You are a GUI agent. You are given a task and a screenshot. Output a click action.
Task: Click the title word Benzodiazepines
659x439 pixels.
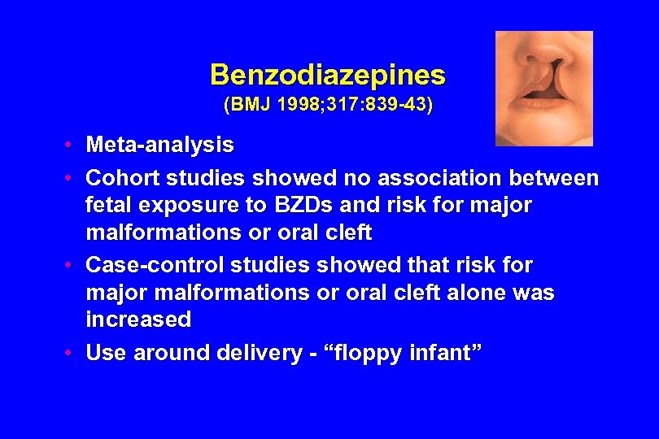pyautogui.click(x=328, y=76)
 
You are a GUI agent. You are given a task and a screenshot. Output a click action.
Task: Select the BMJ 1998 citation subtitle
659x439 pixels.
pyautogui.click(x=328, y=105)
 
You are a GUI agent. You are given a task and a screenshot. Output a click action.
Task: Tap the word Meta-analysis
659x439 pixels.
pyautogui.click(x=160, y=146)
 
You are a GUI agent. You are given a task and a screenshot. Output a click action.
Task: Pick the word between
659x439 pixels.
pyautogui.click(x=557, y=177)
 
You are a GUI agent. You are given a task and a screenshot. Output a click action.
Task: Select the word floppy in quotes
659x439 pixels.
pyautogui.click(x=366, y=353)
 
